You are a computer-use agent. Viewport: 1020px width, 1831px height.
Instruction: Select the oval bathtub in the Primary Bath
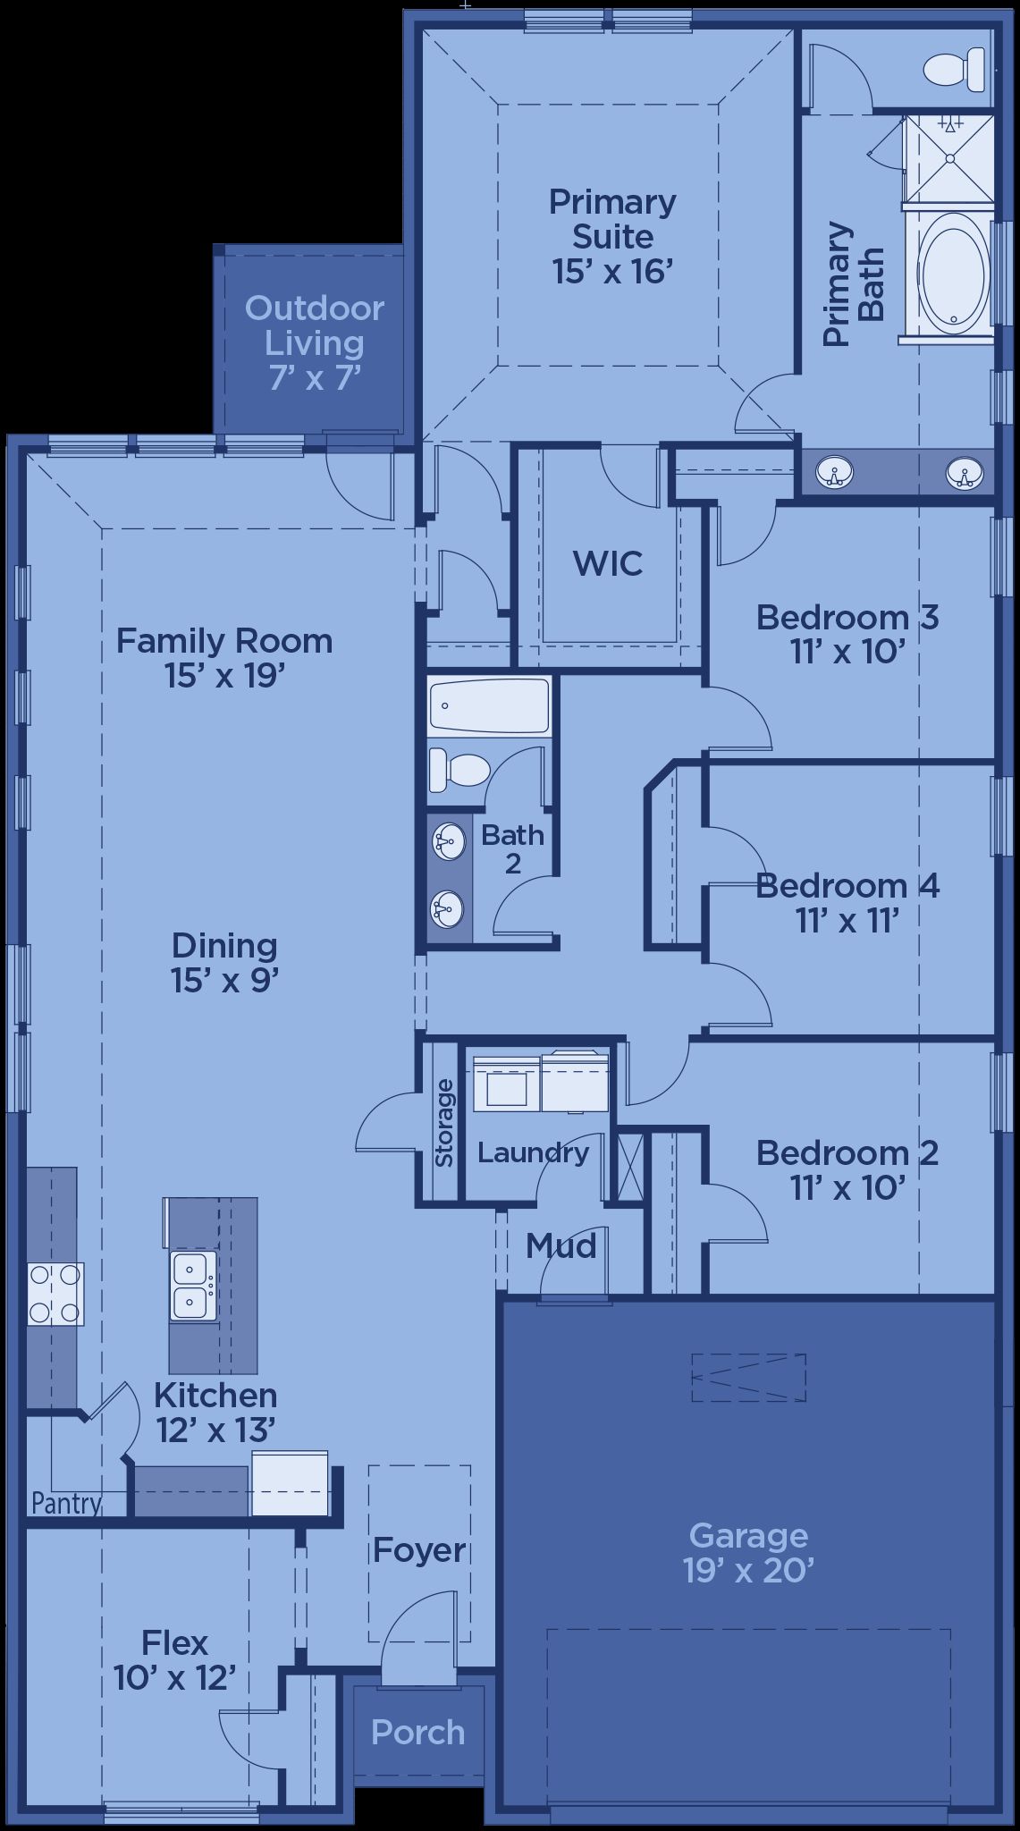[954, 273]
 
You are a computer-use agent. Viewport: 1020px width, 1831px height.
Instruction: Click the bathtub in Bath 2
[488, 705]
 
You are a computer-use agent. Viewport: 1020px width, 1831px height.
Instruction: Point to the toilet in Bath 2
[459, 770]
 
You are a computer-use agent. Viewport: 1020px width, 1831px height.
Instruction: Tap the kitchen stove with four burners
[55, 1294]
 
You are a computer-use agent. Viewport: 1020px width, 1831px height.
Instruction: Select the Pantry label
[66, 1503]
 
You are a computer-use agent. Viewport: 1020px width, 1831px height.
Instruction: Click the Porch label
[418, 1733]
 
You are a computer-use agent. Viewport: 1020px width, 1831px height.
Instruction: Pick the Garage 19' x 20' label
[748, 1552]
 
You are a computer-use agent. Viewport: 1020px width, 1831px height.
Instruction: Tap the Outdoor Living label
[315, 342]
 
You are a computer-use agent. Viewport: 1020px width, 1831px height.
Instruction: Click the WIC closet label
[608, 563]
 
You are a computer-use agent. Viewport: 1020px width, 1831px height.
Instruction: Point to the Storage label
[444, 1122]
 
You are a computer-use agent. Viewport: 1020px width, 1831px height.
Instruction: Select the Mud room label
[561, 1245]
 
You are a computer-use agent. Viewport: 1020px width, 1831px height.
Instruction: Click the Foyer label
[419, 1550]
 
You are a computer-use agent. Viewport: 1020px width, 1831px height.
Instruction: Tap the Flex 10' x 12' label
[175, 1660]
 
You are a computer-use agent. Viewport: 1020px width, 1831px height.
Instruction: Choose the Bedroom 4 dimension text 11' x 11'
[847, 920]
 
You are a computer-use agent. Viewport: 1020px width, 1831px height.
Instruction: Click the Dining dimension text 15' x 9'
[225, 981]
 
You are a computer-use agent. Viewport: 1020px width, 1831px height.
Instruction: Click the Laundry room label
[533, 1153]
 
